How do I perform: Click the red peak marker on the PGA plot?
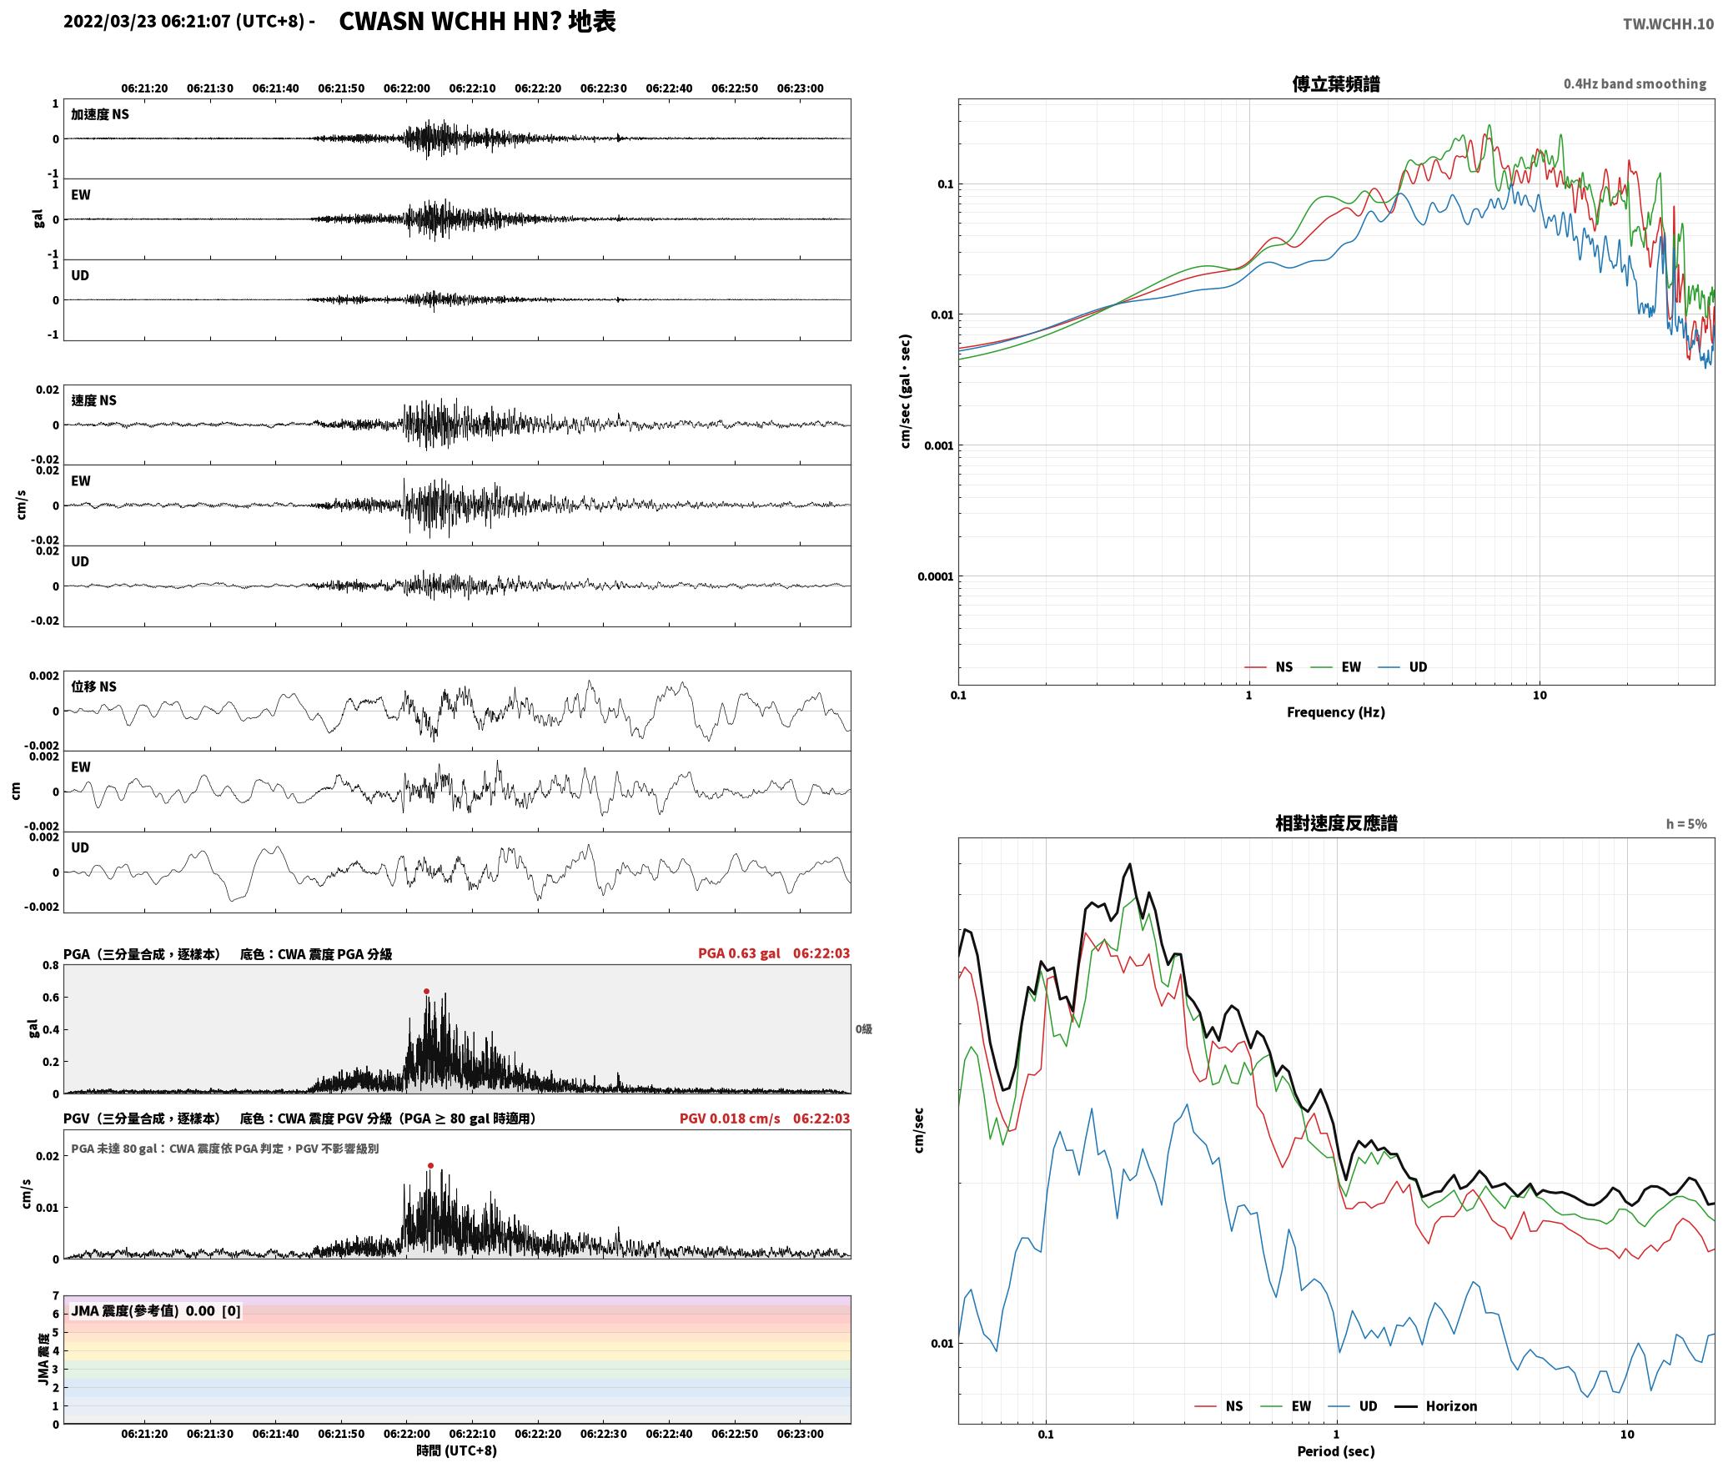click(426, 992)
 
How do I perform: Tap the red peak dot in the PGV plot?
click(430, 1166)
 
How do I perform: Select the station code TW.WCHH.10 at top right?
click(1668, 24)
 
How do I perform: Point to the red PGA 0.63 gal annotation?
click(739, 953)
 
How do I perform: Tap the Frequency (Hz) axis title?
click(1335, 712)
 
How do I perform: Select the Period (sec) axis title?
click(1335, 1451)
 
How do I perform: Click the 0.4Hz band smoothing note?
click(1635, 84)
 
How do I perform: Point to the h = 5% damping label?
click(1686, 824)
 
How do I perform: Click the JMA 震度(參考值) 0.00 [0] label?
click(156, 1311)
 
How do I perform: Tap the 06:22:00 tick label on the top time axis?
click(407, 88)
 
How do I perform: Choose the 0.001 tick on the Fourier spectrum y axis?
click(937, 445)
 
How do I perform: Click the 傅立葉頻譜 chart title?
click(1335, 83)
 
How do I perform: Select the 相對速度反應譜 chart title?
click(1336, 823)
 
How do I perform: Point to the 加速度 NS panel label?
click(100, 114)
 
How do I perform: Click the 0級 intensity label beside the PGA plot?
click(863, 1029)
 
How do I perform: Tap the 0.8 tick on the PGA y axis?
click(51, 966)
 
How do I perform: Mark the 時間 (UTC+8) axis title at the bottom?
click(457, 1450)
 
